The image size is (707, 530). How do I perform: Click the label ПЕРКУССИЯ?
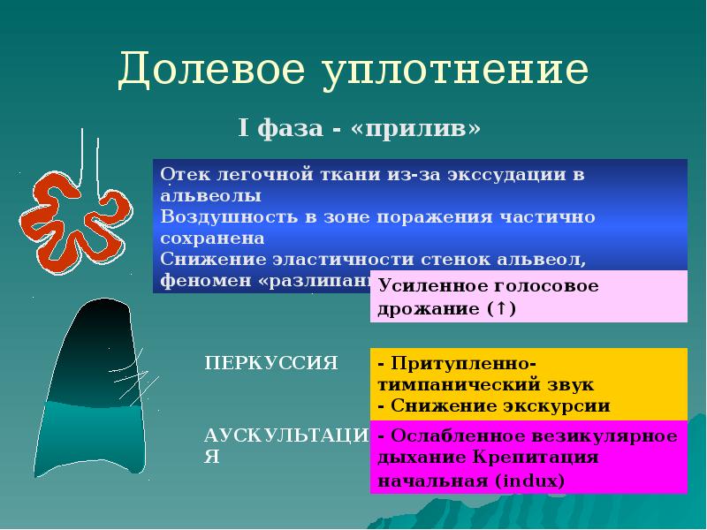pos(272,361)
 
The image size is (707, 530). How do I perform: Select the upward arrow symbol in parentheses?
pos(501,310)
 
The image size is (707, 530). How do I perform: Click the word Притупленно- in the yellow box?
pos(462,365)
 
